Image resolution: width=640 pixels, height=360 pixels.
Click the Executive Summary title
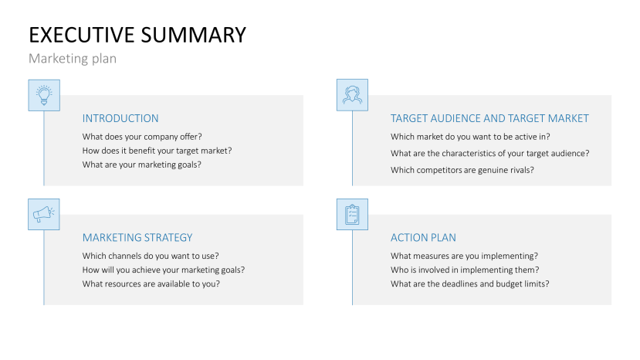137,35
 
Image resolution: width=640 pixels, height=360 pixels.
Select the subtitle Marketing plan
73,59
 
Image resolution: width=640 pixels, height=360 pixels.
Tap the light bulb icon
44,95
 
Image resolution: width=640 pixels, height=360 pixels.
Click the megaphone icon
44,214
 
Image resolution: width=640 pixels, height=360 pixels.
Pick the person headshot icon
352,95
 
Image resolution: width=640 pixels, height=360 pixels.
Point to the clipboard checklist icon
352,214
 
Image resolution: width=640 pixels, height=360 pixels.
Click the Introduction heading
120,118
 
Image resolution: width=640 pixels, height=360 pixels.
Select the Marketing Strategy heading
137,237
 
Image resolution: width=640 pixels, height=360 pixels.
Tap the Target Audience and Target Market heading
489,118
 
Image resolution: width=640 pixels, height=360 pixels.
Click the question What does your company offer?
142,137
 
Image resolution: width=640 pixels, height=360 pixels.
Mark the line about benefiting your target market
157,151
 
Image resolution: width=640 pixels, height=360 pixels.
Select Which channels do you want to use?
151,256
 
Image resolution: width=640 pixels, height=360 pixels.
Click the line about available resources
151,284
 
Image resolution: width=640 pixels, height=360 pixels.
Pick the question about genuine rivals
462,170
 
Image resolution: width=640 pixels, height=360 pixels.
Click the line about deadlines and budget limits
470,284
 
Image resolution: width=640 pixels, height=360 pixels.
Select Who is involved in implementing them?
465,270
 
